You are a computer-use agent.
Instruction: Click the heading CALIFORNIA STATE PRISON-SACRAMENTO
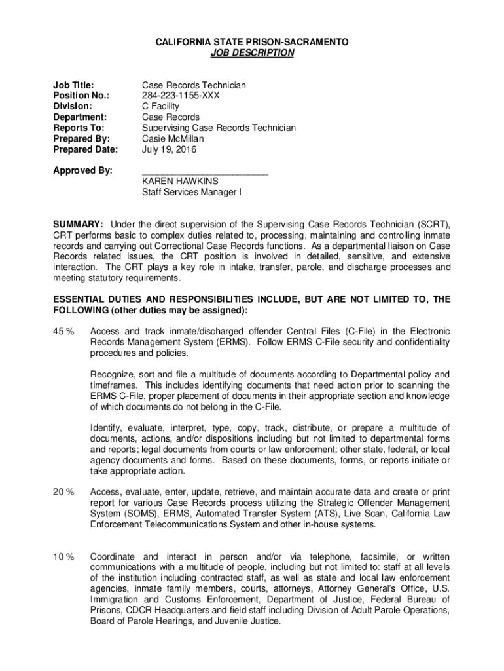(x=252, y=42)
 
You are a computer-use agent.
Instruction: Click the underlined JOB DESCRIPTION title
(x=252, y=53)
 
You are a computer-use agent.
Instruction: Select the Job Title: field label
(x=73, y=85)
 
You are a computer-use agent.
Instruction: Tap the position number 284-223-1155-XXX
(x=181, y=96)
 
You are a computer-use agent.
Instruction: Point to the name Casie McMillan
(x=173, y=138)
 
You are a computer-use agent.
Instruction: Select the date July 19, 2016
(x=168, y=149)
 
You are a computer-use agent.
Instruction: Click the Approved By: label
(x=82, y=170)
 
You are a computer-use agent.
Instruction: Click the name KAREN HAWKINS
(x=180, y=182)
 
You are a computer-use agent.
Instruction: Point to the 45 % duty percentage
(x=63, y=331)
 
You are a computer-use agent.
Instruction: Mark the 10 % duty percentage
(x=63, y=556)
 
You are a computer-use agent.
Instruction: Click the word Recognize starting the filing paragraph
(x=112, y=374)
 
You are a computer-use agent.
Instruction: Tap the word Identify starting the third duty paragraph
(x=107, y=428)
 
